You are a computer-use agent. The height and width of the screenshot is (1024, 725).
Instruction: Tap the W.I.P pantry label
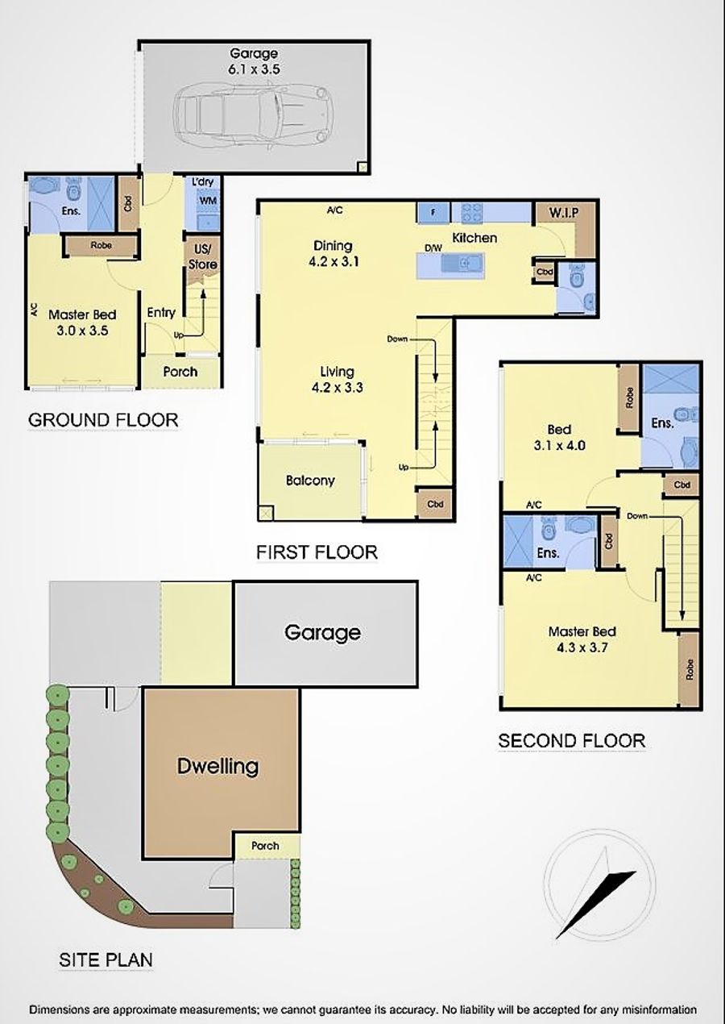pos(564,212)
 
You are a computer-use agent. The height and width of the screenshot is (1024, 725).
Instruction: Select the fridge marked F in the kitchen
pos(433,213)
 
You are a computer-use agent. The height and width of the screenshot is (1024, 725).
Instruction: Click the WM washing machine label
pos(208,200)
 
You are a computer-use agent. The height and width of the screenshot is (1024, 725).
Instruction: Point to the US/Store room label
pos(203,257)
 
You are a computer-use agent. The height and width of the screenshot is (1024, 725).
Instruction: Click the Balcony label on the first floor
pos(310,480)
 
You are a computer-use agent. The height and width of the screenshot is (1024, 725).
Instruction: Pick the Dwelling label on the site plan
pos(218,766)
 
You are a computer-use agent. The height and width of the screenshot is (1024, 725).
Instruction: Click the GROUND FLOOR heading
pos(103,419)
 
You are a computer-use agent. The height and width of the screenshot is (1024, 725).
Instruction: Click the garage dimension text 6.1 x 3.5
pos(254,70)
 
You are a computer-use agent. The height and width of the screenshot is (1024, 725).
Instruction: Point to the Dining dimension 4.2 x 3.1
pos(333,262)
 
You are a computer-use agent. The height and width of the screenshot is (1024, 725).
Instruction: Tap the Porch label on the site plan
pos(265,846)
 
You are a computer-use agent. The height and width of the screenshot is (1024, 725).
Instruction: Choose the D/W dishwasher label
pos(433,248)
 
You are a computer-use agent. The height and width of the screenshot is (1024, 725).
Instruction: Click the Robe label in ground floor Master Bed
pos(101,245)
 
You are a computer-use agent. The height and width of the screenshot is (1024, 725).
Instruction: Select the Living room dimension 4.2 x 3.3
pos(338,388)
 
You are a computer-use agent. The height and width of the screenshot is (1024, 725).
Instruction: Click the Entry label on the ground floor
pos(161,313)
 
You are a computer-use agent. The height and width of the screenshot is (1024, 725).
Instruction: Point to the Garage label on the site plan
pos(322,632)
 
